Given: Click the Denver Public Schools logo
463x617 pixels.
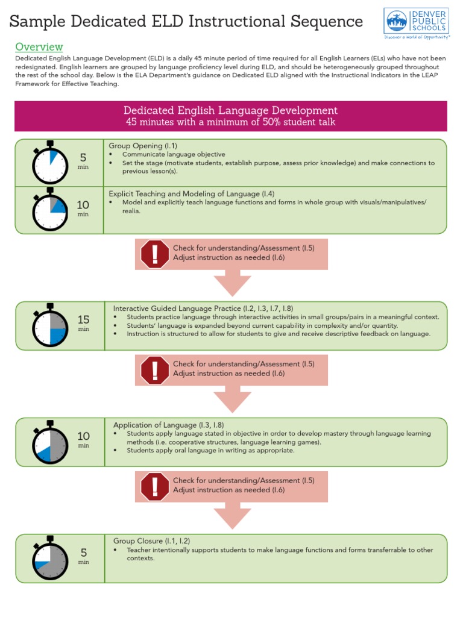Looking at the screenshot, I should [417, 23].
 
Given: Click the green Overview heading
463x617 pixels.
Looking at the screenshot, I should [39, 47].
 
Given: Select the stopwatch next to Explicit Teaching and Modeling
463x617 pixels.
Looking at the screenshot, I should [49, 209].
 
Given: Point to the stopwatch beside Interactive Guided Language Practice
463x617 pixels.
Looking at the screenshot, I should [49, 325].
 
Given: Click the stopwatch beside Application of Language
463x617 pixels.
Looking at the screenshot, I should [49, 442].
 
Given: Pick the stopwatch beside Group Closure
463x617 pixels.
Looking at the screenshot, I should [49, 558].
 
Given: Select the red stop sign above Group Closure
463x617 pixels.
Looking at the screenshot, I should [155, 486].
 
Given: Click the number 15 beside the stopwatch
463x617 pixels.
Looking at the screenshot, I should [83, 320].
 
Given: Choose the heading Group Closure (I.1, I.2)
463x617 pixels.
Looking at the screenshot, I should [156, 540].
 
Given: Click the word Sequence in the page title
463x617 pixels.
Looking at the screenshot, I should [324, 22].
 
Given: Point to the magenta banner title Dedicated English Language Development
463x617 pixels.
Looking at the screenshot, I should [230, 111].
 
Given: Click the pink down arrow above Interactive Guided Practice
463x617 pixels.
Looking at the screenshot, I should [232, 282].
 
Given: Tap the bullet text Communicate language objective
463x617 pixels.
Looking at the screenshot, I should [174, 154].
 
